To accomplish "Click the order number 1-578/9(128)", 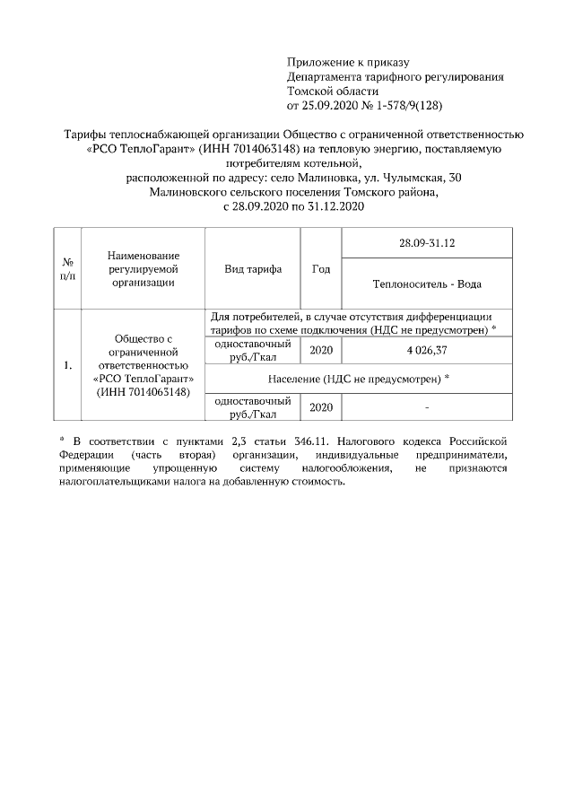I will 384,105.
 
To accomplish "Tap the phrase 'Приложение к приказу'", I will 347,62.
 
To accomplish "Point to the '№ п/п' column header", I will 67,268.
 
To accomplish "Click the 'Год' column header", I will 320,269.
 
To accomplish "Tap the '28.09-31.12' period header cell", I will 427,243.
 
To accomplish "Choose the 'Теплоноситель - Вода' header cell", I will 427,284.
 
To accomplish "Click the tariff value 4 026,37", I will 427,349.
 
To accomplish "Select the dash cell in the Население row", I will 427,408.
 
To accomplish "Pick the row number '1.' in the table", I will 67,365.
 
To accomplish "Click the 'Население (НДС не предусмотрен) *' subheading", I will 358,379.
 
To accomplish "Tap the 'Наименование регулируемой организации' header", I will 143,268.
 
